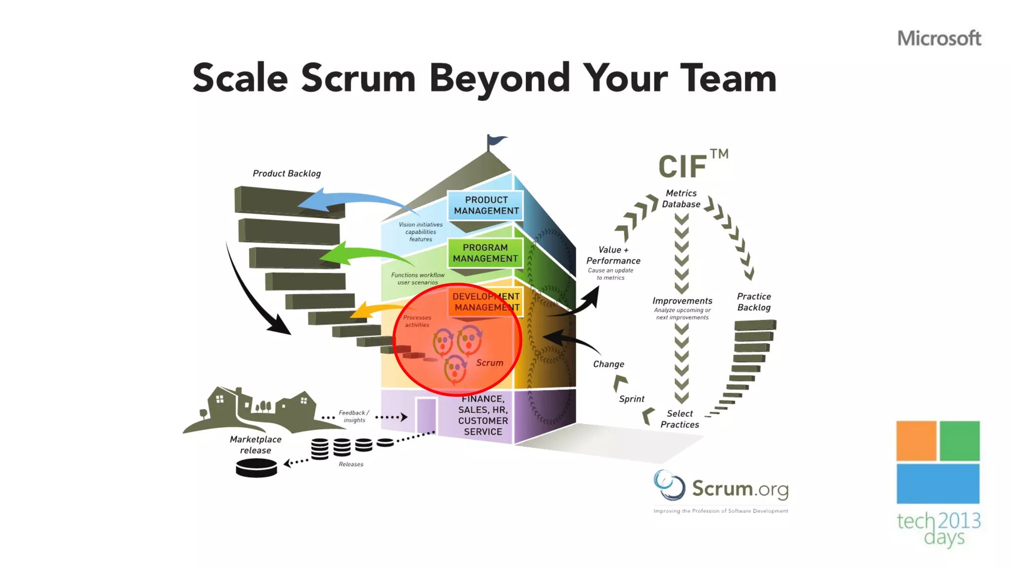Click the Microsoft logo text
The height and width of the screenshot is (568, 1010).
point(939,38)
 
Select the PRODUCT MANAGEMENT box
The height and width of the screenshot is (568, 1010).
point(486,205)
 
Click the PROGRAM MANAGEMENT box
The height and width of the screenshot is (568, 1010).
point(485,253)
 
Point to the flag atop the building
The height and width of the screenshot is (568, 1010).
point(495,142)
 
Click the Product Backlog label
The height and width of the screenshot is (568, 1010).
point(287,174)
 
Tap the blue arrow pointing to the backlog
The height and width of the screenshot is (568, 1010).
point(345,200)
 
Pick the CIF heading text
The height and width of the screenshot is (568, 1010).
point(683,166)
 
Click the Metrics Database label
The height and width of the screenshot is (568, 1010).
point(681,199)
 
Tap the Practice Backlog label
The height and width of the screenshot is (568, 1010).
point(754,302)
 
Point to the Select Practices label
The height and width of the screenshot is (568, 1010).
point(680,419)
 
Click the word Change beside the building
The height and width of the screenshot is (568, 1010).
point(609,364)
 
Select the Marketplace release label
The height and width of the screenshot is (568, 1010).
point(255,445)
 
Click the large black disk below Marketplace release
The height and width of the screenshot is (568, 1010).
point(256,467)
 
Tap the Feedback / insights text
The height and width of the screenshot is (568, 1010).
point(354,416)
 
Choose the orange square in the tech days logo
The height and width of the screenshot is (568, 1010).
point(916,441)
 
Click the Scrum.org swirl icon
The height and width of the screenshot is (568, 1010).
point(669,485)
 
